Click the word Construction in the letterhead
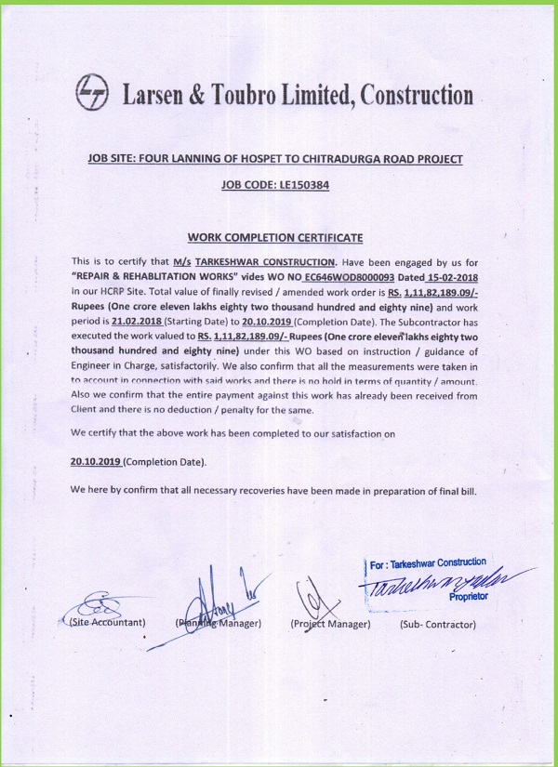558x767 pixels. click(x=417, y=95)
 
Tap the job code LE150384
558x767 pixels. click(x=301, y=185)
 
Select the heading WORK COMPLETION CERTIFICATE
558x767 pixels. click(x=274, y=239)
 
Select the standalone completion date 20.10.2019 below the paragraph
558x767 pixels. click(x=96, y=461)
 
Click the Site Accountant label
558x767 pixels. click(x=107, y=622)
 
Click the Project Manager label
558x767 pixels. click(x=330, y=623)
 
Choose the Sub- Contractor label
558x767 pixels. click(x=438, y=623)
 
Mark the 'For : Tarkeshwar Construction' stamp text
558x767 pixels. click(x=427, y=562)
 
